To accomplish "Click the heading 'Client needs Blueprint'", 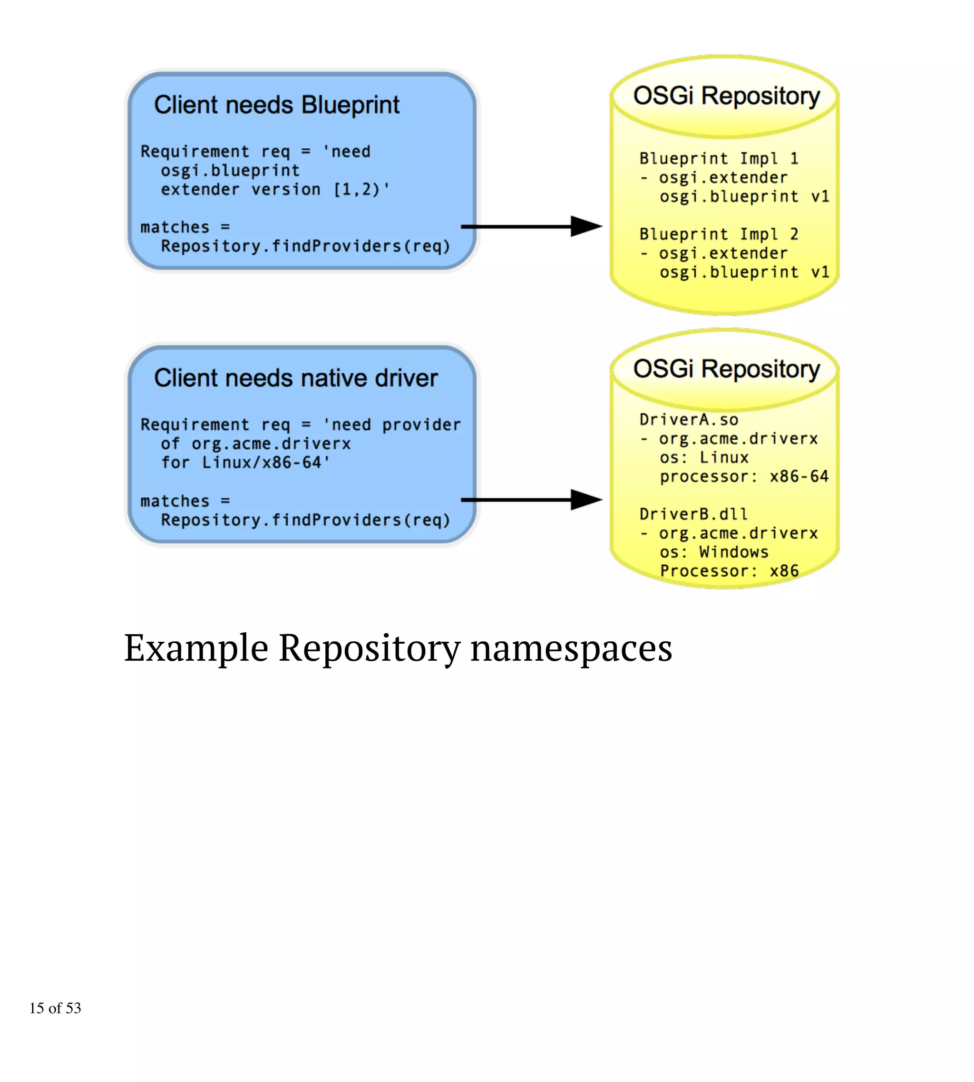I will [x=277, y=105].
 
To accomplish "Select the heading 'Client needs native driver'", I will [x=295, y=378].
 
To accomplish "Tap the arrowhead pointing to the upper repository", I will [x=586, y=226].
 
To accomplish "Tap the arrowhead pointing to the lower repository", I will [x=586, y=500].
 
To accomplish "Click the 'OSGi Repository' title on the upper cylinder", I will [x=726, y=97].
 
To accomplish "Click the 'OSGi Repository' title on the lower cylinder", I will [x=726, y=369].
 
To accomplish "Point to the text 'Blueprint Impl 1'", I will [x=719, y=158].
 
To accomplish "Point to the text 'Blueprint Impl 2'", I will [x=719, y=234].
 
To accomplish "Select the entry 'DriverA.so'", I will [x=689, y=420].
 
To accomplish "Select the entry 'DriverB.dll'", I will [x=693, y=514].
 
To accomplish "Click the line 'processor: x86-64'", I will [x=744, y=476].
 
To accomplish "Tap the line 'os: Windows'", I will [x=714, y=552].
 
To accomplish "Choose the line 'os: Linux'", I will [x=704, y=457].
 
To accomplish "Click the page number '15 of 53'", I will [x=55, y=1008].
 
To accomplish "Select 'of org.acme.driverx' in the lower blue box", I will [x=256, y=444].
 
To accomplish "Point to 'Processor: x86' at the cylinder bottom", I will [x=729, y=570].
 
